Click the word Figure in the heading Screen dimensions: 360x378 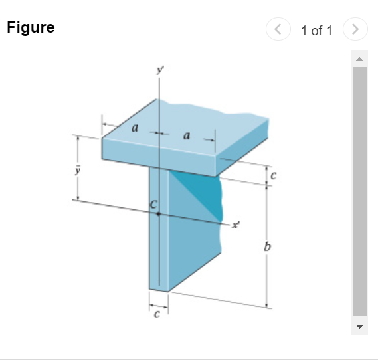(x=31, y=28)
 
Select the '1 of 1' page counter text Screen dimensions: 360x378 (x=316, y=30)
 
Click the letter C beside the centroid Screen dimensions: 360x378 (x=153, y=205)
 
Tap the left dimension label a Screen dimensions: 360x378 (x=134, y=129)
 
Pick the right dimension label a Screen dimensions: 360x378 (x=186, y=136)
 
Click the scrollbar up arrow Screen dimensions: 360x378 (x=359, y=60)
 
